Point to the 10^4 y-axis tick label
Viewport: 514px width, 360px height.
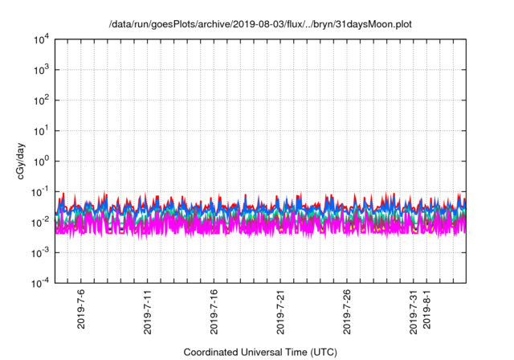[42, 39]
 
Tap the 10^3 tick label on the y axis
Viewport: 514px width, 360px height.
[42, 70]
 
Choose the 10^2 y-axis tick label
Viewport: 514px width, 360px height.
[42, 100]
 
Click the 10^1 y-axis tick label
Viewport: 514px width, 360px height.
[42, 130]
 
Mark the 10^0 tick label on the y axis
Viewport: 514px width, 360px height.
[42, 161]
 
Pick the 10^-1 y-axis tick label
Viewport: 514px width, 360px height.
[42, 191]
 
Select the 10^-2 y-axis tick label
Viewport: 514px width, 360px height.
[42, 222]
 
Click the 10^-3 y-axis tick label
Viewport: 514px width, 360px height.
[42, 252]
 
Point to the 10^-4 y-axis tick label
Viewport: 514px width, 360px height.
[42, 282]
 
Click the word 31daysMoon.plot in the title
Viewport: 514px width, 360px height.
[377, 26]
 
